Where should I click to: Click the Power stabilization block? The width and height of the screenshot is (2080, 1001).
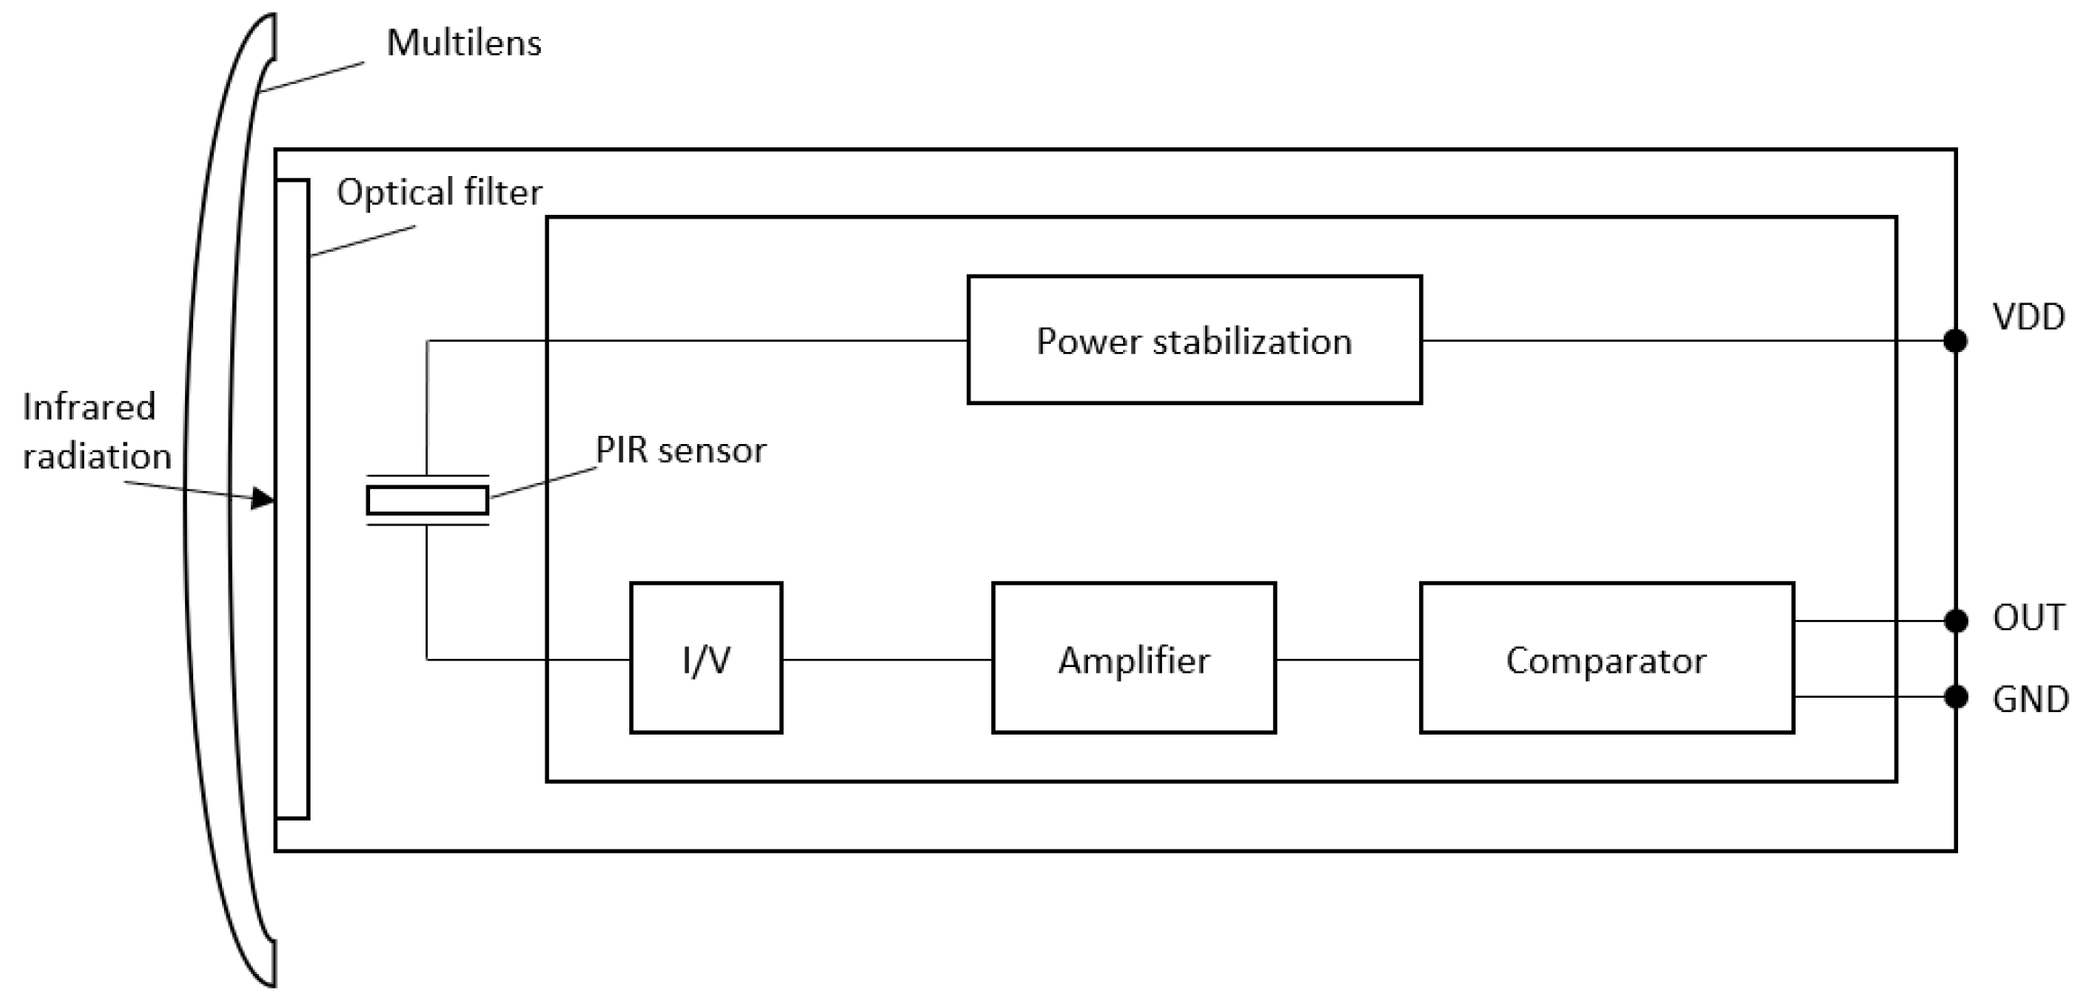[1193, 339]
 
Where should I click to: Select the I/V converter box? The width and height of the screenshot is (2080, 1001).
[705, 658]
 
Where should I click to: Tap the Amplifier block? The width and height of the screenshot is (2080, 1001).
[1133, 658]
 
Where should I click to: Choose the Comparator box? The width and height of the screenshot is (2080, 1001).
[1606, 658]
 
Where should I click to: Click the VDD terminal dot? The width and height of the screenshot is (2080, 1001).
[1955, 340]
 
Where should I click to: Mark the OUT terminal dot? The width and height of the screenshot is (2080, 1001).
[1955, 621]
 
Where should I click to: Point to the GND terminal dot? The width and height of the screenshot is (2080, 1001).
[1955, 697]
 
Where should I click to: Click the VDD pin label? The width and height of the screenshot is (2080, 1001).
[2028, 317]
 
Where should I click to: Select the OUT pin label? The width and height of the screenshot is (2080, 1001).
[2028, 618]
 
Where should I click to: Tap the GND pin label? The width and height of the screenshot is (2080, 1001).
[2029, 700]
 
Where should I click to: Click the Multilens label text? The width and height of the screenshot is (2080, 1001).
[463, 43]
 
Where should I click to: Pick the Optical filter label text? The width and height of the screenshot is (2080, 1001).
[439, 192]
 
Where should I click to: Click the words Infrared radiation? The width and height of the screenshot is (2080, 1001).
[96, 431]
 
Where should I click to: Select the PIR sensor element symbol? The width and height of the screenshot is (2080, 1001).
[427, 500]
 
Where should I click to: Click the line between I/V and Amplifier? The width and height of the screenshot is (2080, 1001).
[887, 660]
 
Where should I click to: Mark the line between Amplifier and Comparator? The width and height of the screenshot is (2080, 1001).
[1347, 660]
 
